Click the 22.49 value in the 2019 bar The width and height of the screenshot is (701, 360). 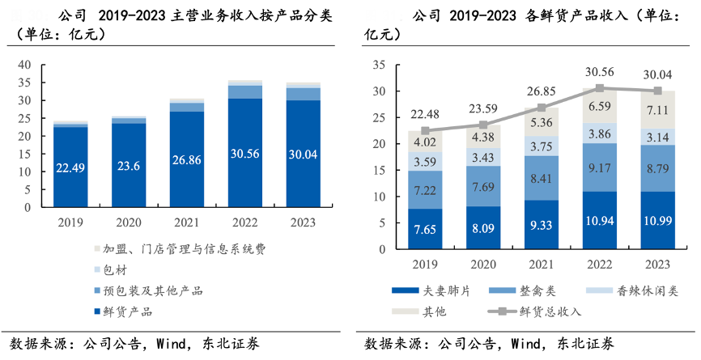(70, 168)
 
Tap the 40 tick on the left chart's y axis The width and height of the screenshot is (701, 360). (24, 65)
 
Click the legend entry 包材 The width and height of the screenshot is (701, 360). (117, 269)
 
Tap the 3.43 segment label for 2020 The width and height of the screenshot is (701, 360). (483, 156)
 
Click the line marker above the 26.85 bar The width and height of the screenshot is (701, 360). (542, 108)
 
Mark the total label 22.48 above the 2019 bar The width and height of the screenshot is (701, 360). (426, 113)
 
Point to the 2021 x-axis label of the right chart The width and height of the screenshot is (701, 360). (541, 264)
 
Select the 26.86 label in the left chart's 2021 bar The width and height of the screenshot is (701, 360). (187, 160)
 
